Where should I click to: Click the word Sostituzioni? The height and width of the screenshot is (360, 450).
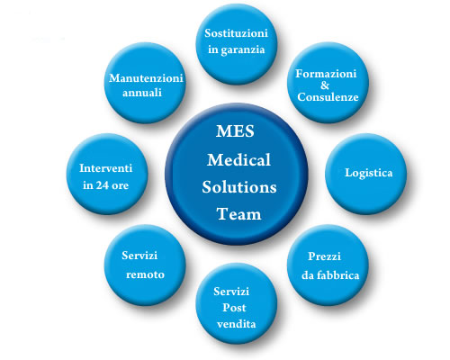coord(236,33)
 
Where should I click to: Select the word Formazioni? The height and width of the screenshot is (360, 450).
coord(326,74)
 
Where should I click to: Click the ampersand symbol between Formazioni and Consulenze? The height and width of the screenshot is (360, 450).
coord(325,85)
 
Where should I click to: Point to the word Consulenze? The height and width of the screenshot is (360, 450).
coord(328,97)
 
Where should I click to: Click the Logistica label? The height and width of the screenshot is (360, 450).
coord(369,173)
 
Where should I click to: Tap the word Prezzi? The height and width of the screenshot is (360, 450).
coord(324,256)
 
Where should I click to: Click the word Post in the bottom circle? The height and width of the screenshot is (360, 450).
coord(234,308)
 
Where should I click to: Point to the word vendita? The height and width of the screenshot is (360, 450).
coord(237,324)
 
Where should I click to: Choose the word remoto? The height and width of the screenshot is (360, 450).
coord(145,274)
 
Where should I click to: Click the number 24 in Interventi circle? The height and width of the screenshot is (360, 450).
coord(103,185)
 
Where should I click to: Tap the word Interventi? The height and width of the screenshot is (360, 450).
coord(106,168)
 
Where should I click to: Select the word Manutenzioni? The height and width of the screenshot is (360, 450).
coord(146,78)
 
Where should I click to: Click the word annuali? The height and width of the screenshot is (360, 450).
coord(142,93)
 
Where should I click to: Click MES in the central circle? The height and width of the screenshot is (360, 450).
coord(235,131)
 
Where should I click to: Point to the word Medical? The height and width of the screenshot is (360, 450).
coord(238,159)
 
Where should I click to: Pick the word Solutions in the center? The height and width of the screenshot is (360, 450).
coord(239,187)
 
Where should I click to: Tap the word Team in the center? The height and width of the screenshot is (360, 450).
coord(238,214)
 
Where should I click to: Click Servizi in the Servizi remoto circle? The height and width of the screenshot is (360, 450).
coord(139,256)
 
